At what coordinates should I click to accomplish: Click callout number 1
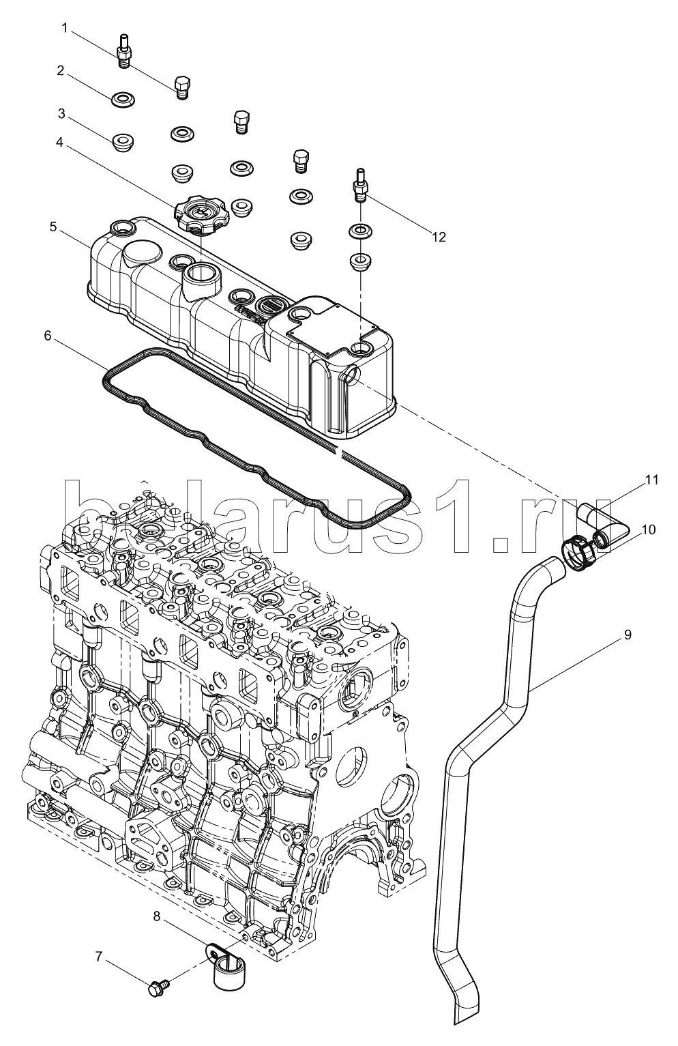65,29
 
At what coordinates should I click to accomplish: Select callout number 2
60,71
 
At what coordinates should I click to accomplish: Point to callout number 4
59,142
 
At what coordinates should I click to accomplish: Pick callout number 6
48,336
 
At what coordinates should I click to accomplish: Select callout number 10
649,530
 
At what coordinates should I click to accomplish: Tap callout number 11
652,480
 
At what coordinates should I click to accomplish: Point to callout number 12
439,237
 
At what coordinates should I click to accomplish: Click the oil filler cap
198,215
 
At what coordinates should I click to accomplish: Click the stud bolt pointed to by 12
360,186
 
